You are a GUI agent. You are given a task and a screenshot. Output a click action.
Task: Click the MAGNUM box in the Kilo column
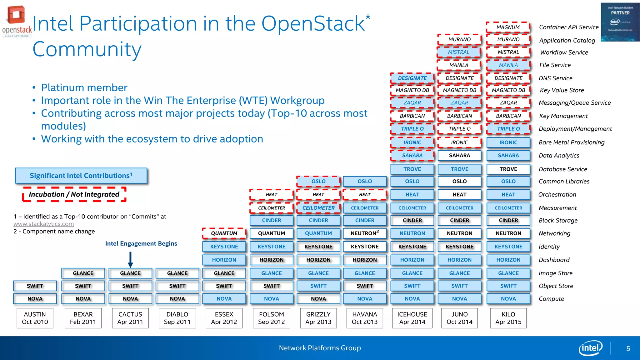508,27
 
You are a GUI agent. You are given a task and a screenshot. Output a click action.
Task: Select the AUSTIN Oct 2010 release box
35,318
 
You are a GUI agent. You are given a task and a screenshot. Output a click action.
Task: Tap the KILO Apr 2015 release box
508,318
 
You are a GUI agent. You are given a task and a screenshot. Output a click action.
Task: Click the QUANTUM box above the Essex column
224,233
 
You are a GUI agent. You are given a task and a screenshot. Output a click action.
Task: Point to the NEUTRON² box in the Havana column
364,233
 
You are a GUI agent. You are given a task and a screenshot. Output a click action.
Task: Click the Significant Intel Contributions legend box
81,176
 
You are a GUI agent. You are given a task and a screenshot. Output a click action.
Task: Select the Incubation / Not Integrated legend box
74,194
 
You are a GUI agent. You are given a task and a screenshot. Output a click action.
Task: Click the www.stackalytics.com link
43,224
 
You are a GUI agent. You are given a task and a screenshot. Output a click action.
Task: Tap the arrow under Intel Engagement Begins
130,259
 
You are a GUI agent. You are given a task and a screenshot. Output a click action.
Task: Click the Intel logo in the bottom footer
590,348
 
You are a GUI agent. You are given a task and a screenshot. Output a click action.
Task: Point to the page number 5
628,348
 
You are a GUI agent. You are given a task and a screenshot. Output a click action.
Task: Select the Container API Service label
569,27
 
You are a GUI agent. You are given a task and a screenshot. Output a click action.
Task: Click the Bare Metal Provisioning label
572,142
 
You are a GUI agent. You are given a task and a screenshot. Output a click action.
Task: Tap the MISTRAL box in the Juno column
459,52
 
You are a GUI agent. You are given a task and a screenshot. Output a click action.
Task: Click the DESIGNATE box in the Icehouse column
412,78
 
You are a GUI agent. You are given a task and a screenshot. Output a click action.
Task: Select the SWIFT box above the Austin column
35,286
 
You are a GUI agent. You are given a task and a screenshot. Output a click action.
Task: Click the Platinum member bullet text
84,87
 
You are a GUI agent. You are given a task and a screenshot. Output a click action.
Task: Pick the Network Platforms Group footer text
320,348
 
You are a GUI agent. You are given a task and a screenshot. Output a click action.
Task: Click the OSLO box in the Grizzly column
318,181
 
